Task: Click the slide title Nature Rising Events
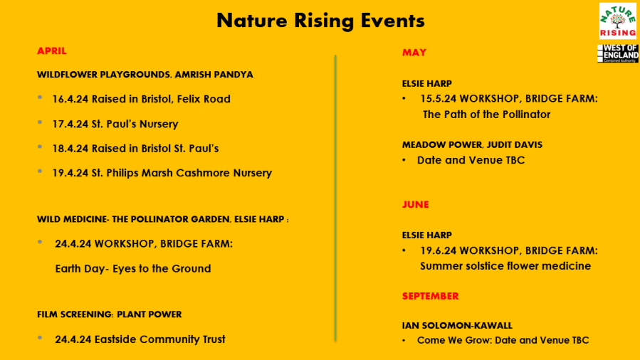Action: (x=320, y=20)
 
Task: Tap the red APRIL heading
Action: (x=51, y=51)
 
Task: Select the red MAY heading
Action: (x=414, y=52)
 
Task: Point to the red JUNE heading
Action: (x=415, y=204)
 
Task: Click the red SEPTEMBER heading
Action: (x=430, y=295)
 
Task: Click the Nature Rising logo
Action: (x=617, y=21)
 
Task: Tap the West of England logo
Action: (x=617, y=53)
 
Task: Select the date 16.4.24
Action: (x=70, y=99)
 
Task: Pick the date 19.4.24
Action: (x=70, y=173)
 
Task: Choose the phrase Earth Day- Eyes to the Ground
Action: (x=132, y=268)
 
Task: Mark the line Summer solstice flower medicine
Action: (x=505, y=266)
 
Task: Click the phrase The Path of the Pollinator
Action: (x=486, y=114)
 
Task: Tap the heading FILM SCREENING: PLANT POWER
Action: (x=109, y=314)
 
